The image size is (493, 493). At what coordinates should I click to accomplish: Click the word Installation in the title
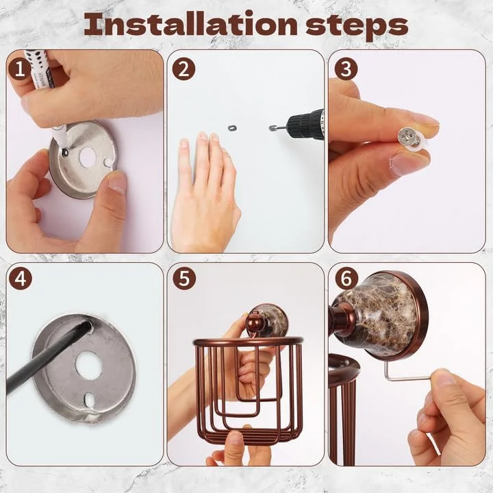[x=190, y=25]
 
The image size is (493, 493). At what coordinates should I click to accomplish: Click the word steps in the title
[x=357, y=27]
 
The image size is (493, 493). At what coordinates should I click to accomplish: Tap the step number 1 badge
[x=20, y=69]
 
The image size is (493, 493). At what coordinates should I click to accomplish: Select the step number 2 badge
[x=184, y=69]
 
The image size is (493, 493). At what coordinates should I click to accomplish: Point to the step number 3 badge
[x=346, y=69]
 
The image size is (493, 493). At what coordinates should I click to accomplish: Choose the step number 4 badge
[x=21, y=278]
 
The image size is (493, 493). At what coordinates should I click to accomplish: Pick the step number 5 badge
[x=184, y=278]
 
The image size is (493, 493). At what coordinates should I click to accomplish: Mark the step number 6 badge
[x=346, y=277]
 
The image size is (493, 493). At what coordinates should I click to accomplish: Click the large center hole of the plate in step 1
[x=88, y=157]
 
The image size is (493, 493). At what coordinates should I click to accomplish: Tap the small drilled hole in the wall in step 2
[x=232, y=128]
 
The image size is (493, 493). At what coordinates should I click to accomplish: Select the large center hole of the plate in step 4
[x=88, y=366]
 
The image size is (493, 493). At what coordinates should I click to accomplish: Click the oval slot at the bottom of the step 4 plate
[x=89, y=399]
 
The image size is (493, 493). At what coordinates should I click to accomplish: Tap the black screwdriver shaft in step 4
[x=47, y=357]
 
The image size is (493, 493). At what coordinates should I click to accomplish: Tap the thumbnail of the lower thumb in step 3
[x=403, y=164]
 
